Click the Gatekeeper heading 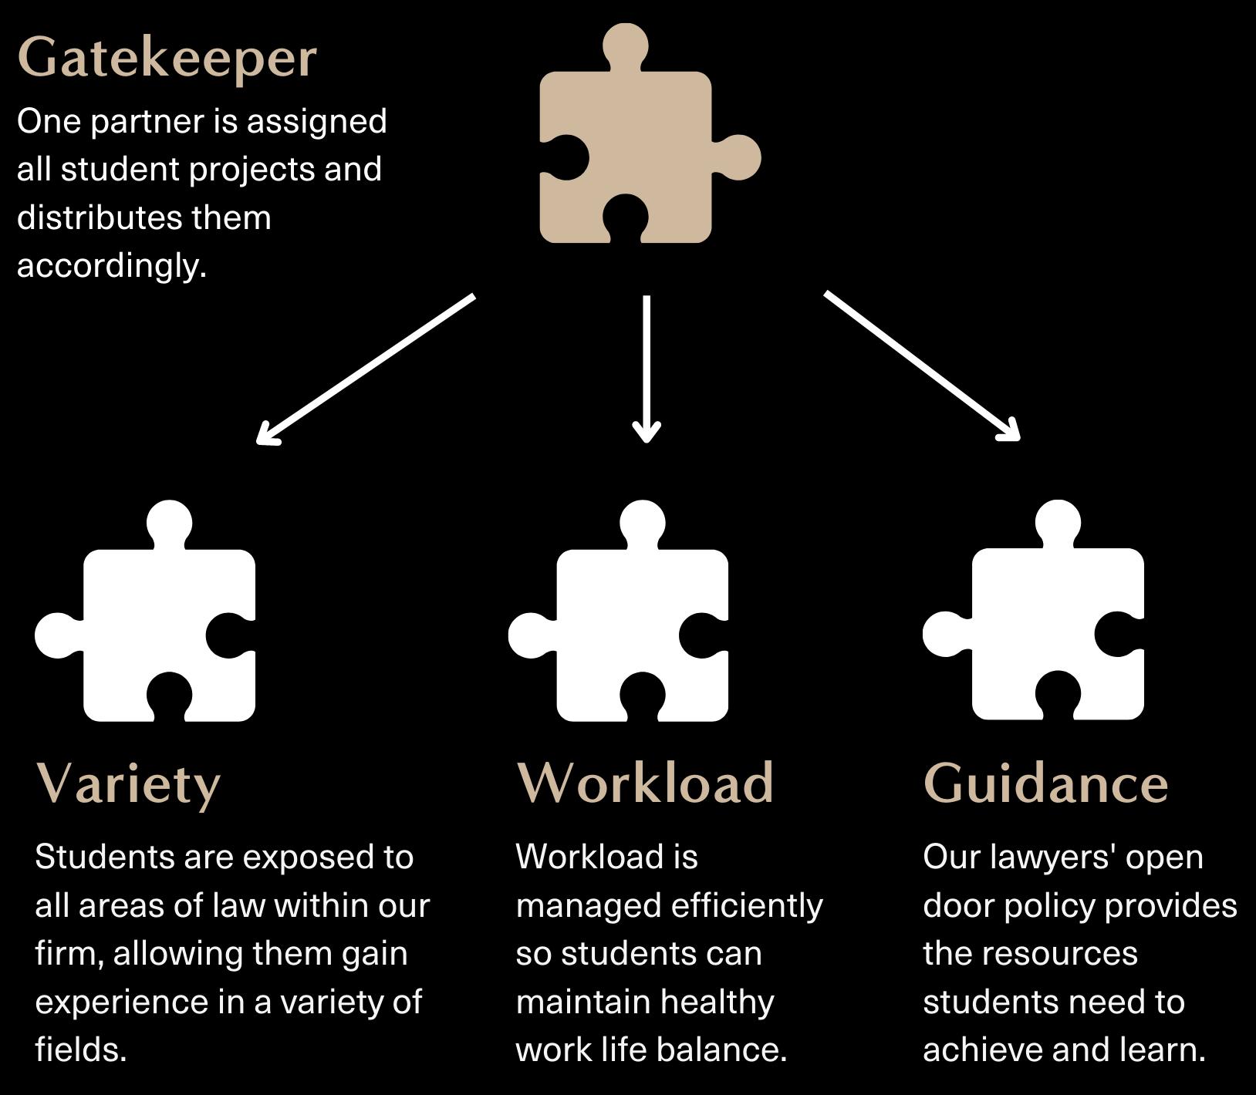point(167,59)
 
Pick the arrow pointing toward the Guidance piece point(922,366)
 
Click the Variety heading point(128,784)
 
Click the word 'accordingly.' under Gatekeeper point(112,266)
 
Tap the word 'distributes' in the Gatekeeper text point(100,217)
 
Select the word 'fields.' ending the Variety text point(81,1050)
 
